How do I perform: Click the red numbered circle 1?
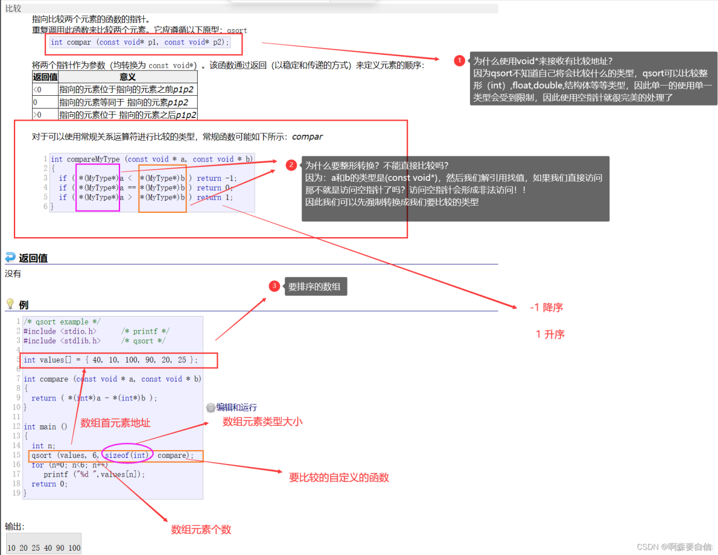(x=460, y=61)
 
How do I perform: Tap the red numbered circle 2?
(x=292, y=165)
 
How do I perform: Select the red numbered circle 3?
(x=275, y=286)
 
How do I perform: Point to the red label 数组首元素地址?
(x=115, y=423)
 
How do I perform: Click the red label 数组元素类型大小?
(x=262, y=422)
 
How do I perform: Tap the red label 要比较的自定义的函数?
(x=338, y=477)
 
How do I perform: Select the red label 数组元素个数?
(x=201, y=530)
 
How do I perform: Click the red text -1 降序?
(x=546, y=308)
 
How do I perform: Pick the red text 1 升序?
(x=550, y=334)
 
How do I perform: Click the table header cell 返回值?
(x=45, y=77)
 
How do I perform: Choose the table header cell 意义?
(x=127, y=77)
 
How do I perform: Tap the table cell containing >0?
(x=45, y=115)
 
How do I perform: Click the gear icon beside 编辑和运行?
(x=210, y=408)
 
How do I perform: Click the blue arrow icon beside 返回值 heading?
(x=10, y=257)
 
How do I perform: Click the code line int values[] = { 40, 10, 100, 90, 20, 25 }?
(x=110, y=360)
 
